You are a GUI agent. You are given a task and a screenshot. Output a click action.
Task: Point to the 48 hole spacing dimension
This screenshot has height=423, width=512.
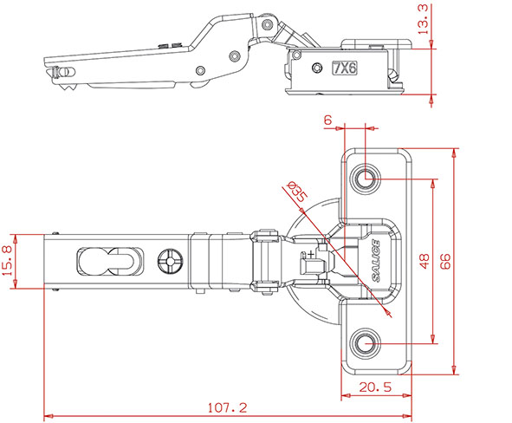tap(425, 261)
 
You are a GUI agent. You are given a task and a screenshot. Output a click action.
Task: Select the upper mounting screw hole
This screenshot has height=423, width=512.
tap(365, 179)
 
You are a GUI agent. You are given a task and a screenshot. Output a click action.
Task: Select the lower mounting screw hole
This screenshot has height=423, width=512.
tap(365, 344)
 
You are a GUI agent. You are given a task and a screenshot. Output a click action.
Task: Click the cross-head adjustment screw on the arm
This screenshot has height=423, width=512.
tap(170, 261)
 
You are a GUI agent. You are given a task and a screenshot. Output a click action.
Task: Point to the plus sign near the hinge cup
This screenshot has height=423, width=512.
tap(309, 254)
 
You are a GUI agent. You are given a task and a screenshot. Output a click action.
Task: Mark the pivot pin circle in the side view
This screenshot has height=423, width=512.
tap(233, 55)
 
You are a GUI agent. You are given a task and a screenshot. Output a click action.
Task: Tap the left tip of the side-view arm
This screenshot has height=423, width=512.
tap(46, 69)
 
